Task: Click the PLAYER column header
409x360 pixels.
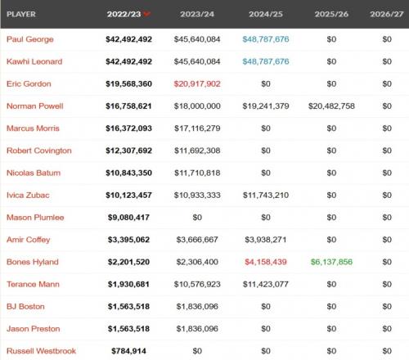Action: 21,14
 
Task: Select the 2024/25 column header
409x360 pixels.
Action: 266,14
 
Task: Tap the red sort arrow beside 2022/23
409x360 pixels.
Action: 146,14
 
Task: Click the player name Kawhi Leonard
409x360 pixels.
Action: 34,61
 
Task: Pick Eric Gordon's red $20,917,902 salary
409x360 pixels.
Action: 197,83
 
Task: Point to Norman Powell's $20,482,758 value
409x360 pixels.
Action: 331,106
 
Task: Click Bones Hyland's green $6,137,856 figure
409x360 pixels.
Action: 331,262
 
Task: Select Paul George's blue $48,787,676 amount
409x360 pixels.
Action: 266,39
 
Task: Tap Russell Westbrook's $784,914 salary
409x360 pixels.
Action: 128,351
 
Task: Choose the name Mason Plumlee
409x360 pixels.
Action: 35,218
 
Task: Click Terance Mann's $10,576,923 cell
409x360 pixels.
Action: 197,284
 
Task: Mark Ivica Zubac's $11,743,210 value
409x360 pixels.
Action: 266,195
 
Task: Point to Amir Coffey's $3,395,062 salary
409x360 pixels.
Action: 128,240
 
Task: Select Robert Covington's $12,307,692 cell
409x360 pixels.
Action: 128,151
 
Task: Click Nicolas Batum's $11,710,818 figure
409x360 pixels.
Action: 197,173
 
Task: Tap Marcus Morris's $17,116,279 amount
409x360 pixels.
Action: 197,128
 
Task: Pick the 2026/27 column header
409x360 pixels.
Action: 387,14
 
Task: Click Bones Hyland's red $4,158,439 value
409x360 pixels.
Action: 266,262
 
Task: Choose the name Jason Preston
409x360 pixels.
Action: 34,329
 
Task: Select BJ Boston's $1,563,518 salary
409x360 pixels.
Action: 128,306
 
